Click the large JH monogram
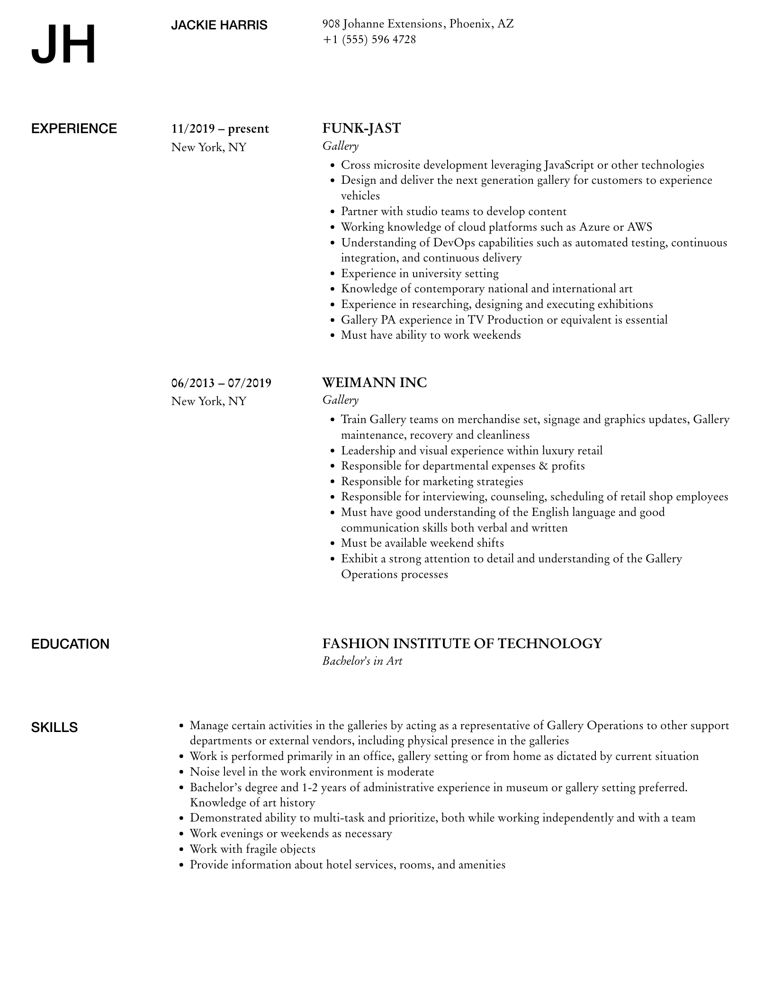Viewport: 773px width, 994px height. [63, 45]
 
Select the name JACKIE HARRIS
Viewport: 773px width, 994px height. [219, 25]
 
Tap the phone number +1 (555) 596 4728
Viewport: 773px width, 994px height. [369, 39]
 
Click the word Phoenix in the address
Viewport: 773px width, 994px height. [470, 24]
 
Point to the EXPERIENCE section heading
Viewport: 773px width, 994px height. [74, 129]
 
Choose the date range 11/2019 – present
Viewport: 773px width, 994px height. [220, 129]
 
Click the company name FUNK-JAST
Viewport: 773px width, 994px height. [361, 128]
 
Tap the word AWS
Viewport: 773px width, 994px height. [639, 227]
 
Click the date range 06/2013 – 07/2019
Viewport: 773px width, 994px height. [221, 383]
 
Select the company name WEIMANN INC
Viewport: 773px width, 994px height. [374, 382]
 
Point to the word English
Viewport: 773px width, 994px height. [550, 512]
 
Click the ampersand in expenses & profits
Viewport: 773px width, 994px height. [543, 466]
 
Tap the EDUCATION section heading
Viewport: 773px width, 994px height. [70, 644]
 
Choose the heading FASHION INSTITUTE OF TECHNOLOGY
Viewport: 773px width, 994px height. [462, 643]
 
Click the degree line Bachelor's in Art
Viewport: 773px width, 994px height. [362, 661]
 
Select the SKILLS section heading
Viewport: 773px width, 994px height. [54, 728]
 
